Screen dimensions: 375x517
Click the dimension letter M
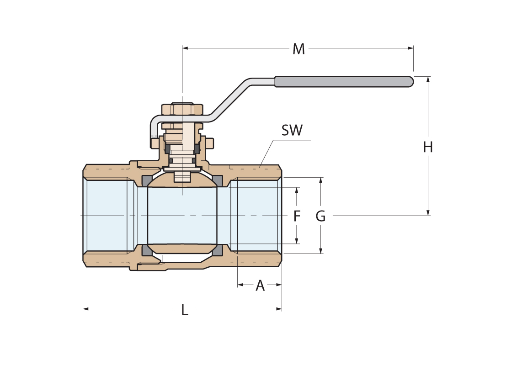(298, 49)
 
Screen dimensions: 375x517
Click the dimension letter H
(428, 147)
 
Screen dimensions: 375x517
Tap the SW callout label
(292, 130)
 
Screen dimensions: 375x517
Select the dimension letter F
(297, 216)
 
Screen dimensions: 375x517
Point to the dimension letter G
(321, 216)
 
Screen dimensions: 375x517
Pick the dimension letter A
(260, 285)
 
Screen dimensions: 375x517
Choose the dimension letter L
(185, 310)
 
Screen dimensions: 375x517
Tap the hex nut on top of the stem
(182, 110)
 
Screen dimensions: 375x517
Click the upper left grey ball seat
(147, 181)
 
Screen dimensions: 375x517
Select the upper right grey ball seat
(218, 181)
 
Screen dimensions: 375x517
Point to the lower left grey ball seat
(147, 250)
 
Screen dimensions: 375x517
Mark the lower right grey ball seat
(218, 250)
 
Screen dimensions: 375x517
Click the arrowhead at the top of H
(428, 79)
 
